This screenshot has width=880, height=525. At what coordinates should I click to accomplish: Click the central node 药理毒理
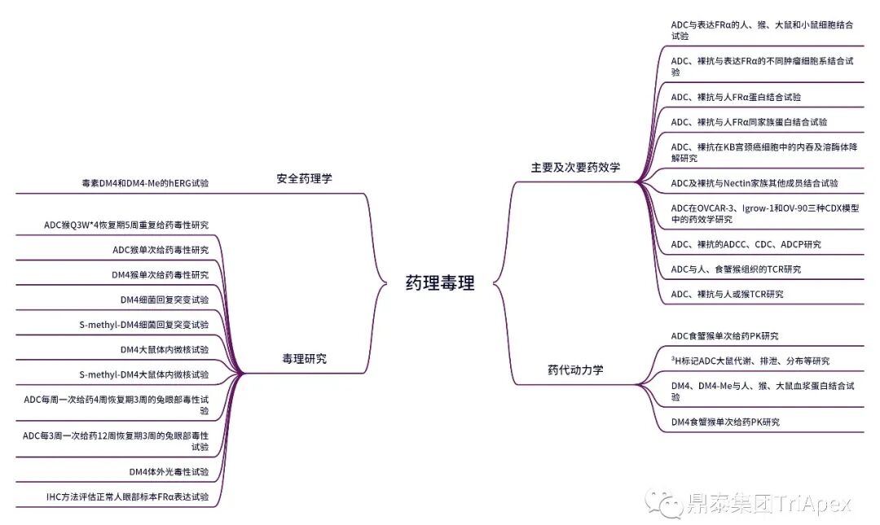(439, 283)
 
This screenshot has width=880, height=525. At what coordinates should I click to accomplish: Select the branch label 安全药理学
(304, 178)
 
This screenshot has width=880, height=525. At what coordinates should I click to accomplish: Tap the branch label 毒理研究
(304, 358)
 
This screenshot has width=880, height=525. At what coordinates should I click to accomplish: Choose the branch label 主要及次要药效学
(575, 167)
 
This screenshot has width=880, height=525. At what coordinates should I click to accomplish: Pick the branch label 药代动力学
(575, 370)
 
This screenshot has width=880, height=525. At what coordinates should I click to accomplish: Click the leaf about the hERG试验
(139, 183)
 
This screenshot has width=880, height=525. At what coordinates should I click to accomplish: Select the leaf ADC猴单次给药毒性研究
(161, 249)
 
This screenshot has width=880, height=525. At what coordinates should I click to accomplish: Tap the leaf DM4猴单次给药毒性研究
(160, 274)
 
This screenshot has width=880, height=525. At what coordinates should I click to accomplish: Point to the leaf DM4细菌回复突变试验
(164, 300)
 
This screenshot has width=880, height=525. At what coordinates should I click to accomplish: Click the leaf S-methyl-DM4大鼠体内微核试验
(143, 374)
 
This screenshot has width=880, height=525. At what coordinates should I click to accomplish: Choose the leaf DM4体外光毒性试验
(169, 471)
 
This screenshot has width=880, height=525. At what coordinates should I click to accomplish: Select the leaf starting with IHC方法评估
(127, 496)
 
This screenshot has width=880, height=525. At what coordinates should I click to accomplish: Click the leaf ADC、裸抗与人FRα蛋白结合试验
(735, 97)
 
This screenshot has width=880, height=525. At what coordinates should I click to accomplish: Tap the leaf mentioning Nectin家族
(754, 183)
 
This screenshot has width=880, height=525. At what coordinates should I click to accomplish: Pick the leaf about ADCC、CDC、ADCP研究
(746, 244)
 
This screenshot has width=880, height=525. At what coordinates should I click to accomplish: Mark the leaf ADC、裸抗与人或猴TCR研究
(727, 294)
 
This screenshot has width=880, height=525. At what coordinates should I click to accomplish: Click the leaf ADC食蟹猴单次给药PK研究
(724, 335)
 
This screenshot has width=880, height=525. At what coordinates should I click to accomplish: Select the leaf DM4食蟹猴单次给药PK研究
(724, 422)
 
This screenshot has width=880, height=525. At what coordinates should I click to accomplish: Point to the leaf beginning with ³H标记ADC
(750, 361)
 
